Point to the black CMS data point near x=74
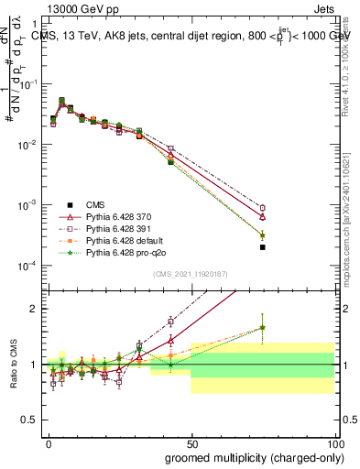262,247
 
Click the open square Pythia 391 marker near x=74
262,208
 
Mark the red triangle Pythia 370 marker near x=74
262,216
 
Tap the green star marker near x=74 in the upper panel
262,234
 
